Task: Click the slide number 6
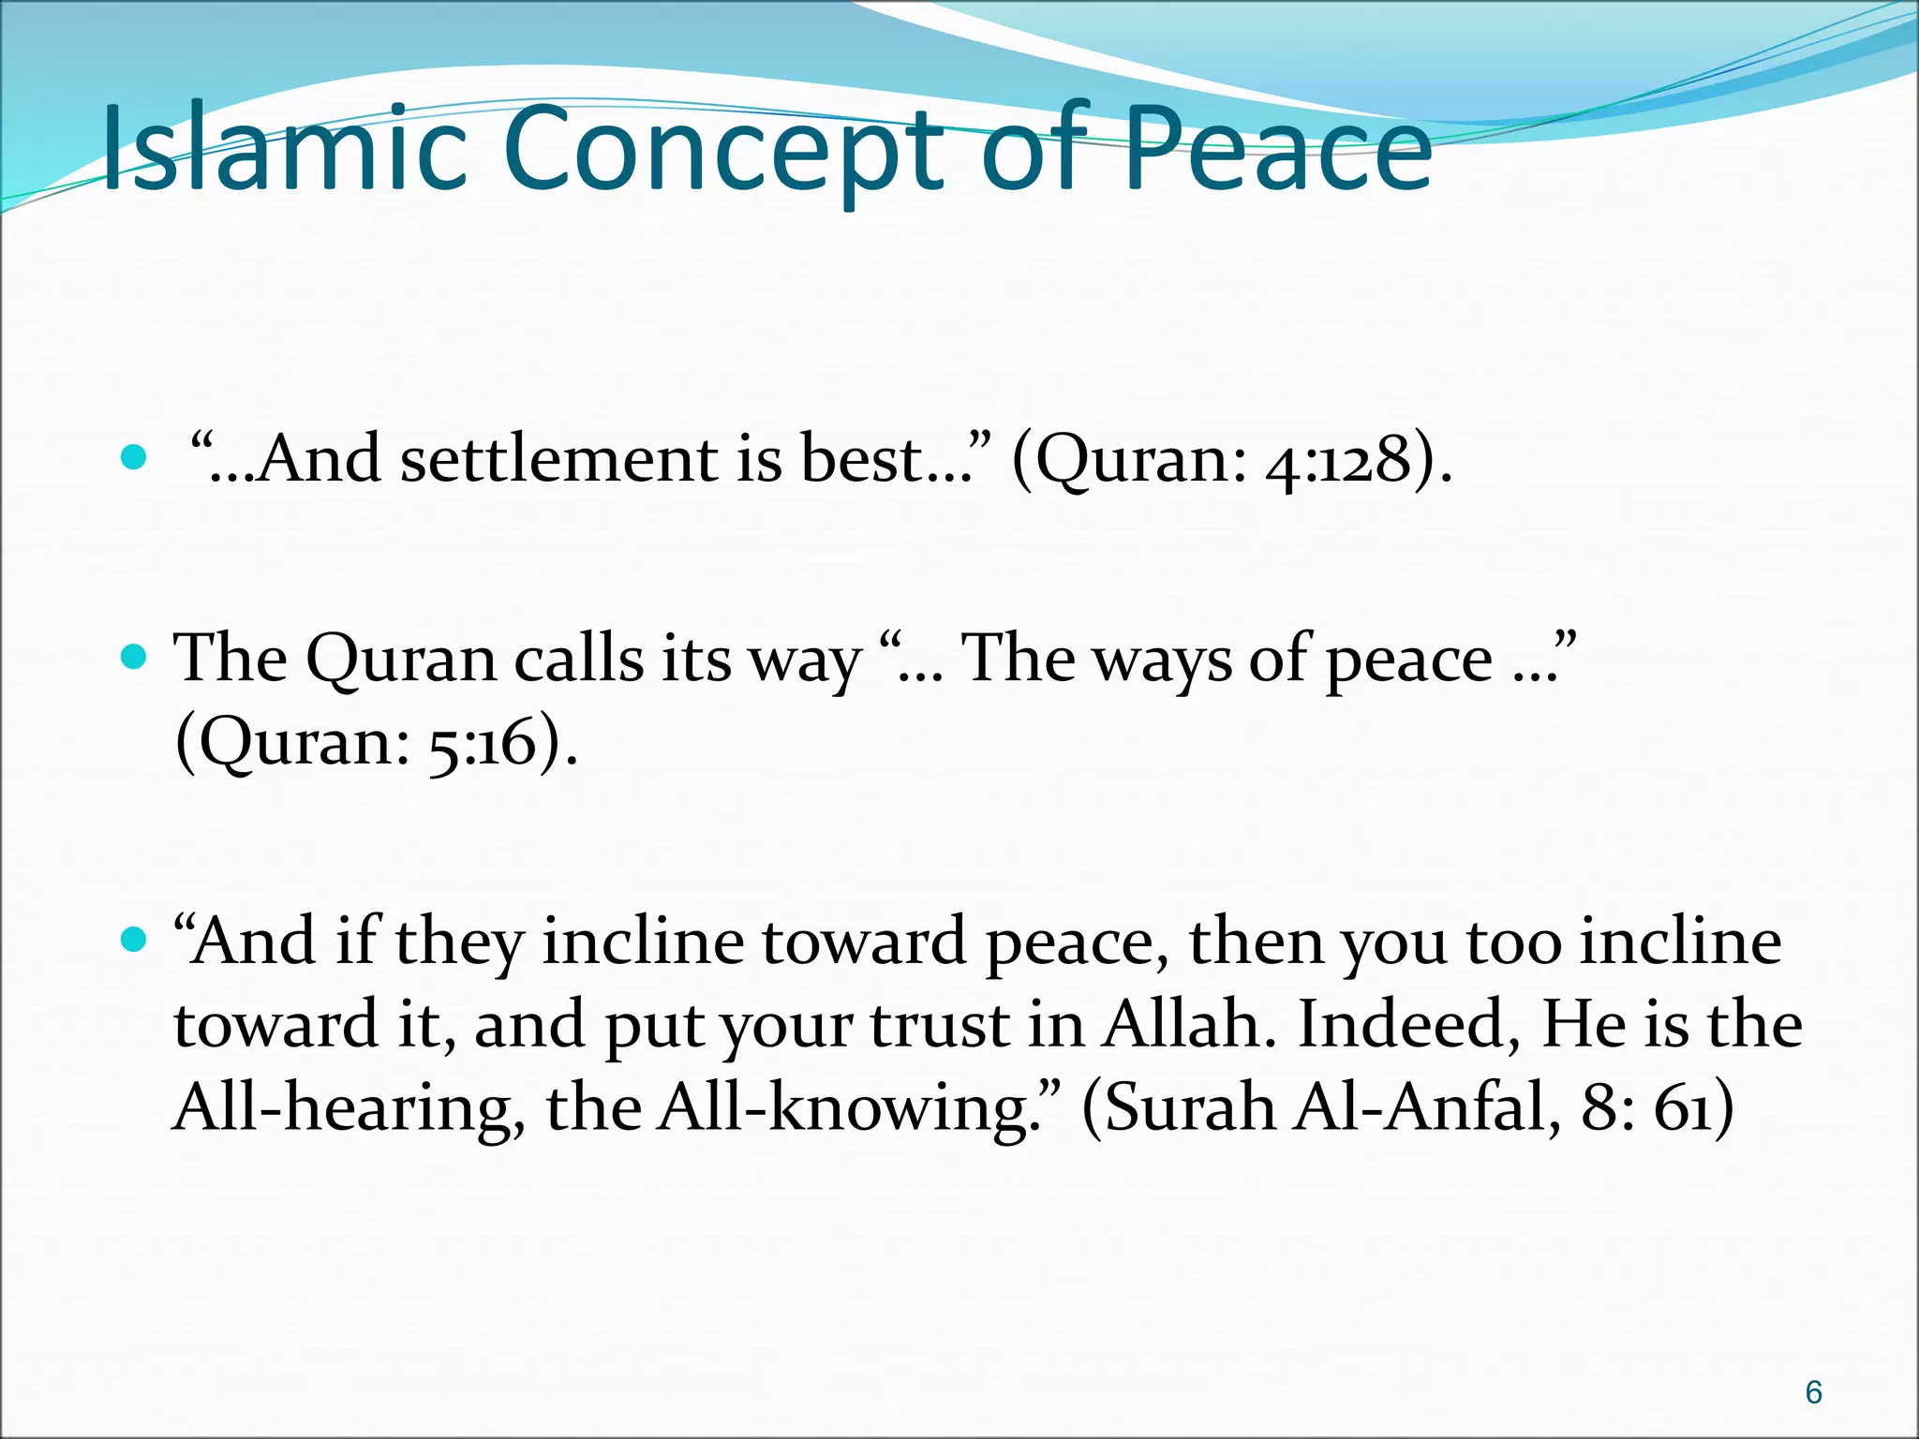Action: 1813,1392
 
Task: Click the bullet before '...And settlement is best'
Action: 135,458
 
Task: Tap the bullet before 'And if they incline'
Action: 135,940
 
